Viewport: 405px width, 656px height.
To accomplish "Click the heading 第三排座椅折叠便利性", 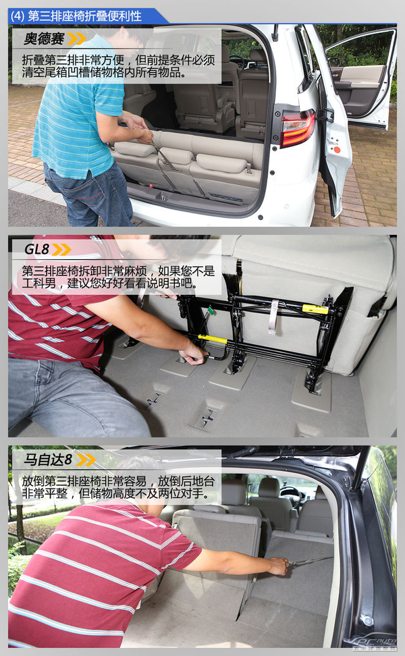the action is (84, 16).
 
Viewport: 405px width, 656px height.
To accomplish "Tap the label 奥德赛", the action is (44, 39).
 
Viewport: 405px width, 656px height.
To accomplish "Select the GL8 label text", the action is (37, 249).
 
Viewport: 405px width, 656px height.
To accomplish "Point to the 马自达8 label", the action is (48, 460).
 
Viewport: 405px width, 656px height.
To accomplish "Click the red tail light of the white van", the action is (298, 128).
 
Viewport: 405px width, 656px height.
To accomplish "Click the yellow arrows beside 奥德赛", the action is (76, 39).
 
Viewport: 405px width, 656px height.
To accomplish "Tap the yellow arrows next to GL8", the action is (61, 249).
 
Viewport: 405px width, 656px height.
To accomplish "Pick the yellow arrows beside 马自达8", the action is (86, 460).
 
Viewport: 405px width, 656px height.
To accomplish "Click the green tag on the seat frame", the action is (210, 310).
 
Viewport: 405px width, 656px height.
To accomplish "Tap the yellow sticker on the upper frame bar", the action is (315, 309).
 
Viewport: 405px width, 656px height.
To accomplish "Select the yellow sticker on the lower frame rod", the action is (213, 338).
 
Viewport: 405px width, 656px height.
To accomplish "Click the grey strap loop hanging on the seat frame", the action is (273, 317).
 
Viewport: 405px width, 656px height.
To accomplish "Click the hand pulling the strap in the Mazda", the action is (279, 565).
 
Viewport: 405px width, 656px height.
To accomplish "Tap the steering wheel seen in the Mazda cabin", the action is (289, 493).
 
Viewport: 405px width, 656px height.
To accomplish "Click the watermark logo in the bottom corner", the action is (370, 643).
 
